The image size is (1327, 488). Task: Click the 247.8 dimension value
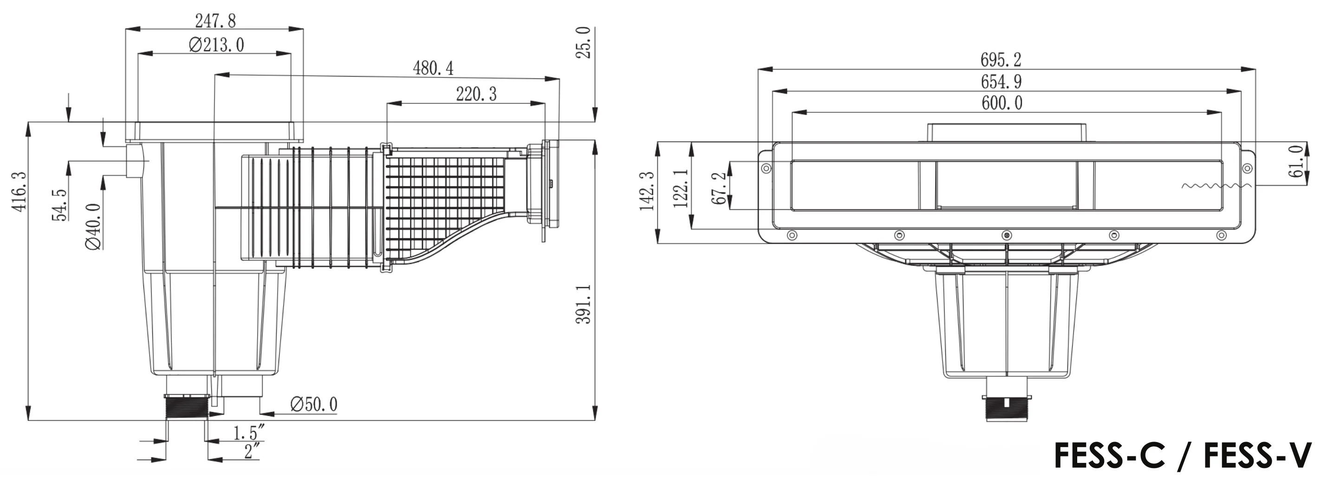pos(215,21)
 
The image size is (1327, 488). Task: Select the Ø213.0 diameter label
pos(216,45)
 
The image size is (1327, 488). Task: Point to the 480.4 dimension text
pos(433,68)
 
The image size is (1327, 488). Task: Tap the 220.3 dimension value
pos(476,94)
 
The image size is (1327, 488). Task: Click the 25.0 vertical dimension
pos(584,43)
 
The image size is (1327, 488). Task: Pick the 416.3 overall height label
pos(19,192)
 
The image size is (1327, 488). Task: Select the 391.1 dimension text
pos(584,304)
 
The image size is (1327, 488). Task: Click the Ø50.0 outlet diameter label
pos(314,405)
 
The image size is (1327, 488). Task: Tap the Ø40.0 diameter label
pos(93,226)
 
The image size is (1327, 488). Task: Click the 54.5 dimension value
pos(60,205)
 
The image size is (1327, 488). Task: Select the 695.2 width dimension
pos(1001,60)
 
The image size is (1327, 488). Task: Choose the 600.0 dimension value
pos(1002,103)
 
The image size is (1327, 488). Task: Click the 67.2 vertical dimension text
pos(719,188)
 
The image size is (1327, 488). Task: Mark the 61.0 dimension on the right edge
pos(1295,161)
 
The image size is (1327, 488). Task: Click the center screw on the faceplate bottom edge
pos(1007,235)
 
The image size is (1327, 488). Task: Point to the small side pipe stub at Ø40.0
pos(137,161)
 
